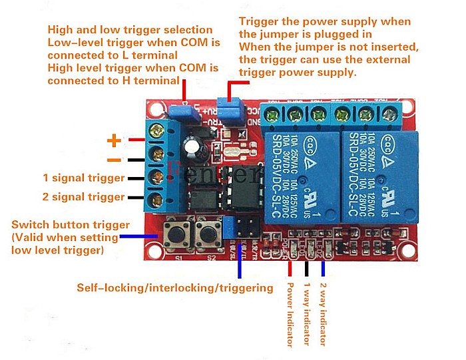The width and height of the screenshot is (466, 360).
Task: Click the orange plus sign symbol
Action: (x=115, y=140)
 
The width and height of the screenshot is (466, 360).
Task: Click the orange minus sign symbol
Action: (x=115, y=160)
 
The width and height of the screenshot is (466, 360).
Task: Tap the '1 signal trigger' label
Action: (x=84, y=178)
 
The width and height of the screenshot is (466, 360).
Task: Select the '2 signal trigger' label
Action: (x=84, y=197)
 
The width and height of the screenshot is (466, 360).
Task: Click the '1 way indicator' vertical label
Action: (x=308, y=313)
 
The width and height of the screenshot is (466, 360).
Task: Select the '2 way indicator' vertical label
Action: (x=324, y=313)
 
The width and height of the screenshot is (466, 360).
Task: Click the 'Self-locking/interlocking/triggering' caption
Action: (x=175, y=288)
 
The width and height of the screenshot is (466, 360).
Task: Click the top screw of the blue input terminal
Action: (x=158, y=130)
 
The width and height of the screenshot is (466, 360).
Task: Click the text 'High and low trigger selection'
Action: (x=130, y=30)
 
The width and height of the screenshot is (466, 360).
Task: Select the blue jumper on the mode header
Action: (x=228, y=226)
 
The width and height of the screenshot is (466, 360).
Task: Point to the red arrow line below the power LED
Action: (x=290, y=266)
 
